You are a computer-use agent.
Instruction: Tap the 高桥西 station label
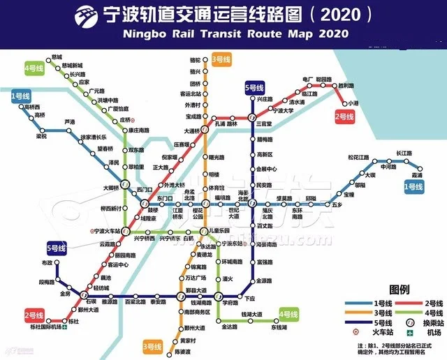(x=33, y=107)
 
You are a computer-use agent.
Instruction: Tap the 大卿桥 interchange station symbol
(x=125, y=185)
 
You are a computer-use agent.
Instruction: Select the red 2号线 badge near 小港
(x=345, y=117)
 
